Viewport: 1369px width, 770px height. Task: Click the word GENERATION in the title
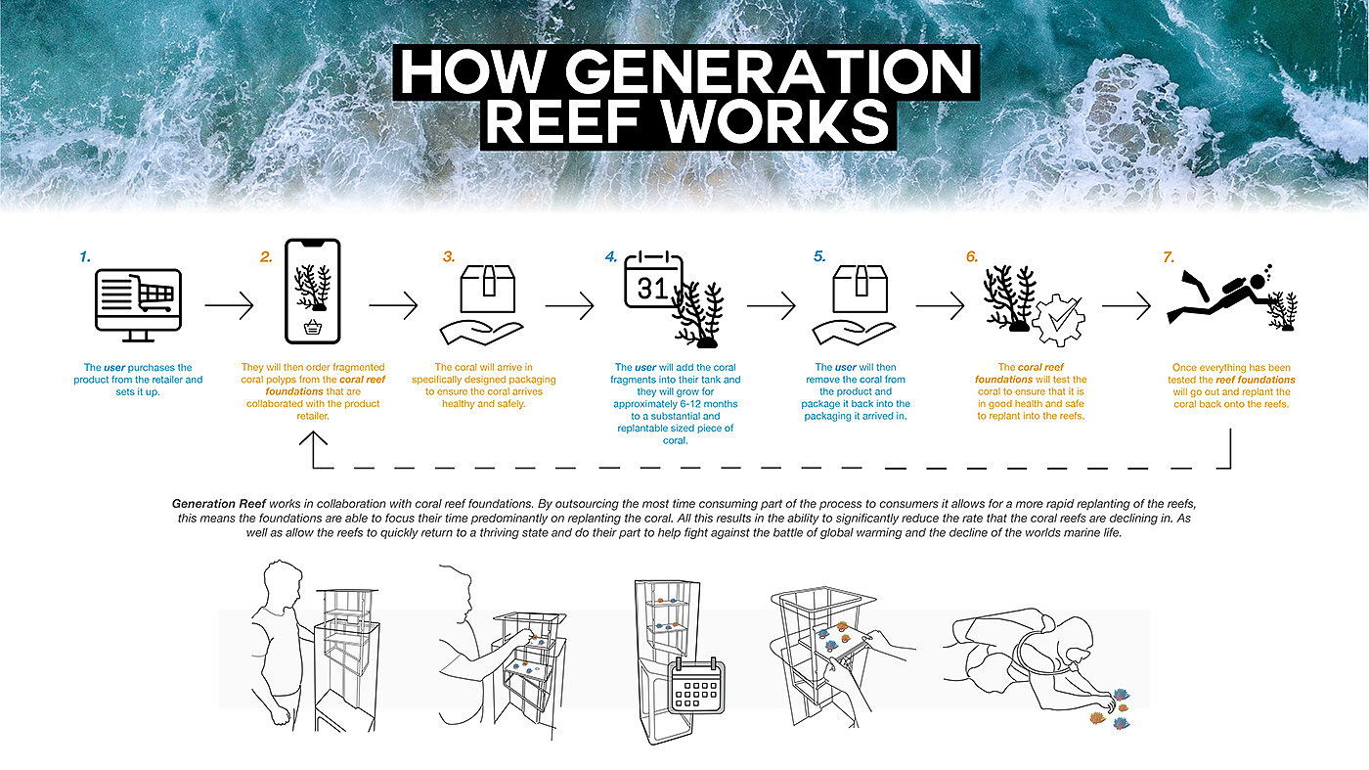[769, 72]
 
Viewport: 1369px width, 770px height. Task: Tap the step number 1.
[85, 257]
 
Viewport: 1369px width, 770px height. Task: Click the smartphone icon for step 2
[312, 292]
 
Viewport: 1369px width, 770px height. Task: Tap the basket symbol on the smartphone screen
[312, 328]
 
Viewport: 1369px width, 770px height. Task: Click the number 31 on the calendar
[651, 288]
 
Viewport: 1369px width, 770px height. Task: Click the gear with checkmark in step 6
[1058, 321]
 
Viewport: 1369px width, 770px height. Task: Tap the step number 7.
[1169, 257]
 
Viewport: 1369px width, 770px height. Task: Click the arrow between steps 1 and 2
[229, 304]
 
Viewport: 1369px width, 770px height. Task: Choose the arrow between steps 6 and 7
[1126, 304]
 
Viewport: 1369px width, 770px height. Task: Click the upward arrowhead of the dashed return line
[314, 437]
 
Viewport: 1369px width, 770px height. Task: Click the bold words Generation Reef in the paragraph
[219, 504]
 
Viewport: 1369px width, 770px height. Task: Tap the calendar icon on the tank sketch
[696, 686]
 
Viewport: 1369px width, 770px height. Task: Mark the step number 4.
[611, 257]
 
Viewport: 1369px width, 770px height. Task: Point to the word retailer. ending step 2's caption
[313, 416]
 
